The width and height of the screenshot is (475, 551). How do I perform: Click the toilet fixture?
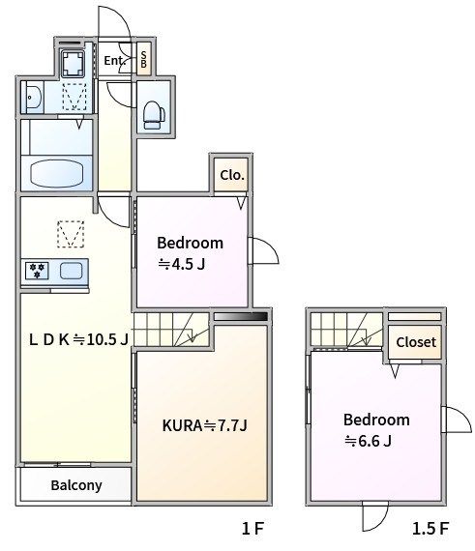[x=154, y=115]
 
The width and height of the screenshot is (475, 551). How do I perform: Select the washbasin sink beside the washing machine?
[x=33, y=97]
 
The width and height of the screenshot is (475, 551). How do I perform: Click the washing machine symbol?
[x=73, y=63]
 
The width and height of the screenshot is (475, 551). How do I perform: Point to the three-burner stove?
[x=37, y=271]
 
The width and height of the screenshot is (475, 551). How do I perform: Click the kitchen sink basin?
[x=71, y=271]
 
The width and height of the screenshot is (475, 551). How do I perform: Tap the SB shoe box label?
[x=143, y=59]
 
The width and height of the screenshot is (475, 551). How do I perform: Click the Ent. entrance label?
[x=114, y=61]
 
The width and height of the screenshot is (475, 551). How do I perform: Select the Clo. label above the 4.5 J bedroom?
[x=232, y=175]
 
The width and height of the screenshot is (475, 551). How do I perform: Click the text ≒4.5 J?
[x=182, y=264]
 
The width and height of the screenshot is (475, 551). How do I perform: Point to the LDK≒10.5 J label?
[x=78, y=339]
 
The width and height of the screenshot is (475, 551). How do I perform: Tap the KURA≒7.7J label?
[x=205, y=425]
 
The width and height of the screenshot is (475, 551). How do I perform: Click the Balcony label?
[x=76, y=485]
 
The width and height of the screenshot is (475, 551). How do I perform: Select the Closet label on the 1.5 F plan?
[x=416, y=342]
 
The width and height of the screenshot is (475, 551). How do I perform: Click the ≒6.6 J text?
[x=368, y=441]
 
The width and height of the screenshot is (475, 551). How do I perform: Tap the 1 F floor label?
[x=252, y=528]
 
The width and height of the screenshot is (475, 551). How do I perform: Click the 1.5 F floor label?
[x=430, y=528]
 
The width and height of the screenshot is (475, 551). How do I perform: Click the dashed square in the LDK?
[x=71, y=234]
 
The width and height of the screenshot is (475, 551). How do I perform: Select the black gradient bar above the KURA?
[x=241, y=317]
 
